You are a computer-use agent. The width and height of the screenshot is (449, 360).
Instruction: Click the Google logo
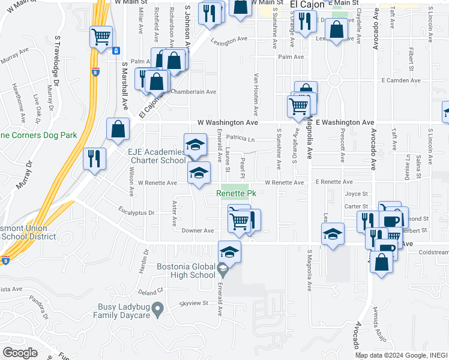pyautogui.click(x=20, y=352)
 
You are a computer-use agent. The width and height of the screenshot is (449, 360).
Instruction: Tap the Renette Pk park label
pyautogui.click(x=237, y=194)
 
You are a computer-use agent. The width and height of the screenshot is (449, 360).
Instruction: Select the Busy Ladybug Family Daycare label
pyautogui.click(x=122, y=311)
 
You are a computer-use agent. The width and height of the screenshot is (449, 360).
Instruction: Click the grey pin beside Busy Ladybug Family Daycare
pyautogui.click(x=158, y=310)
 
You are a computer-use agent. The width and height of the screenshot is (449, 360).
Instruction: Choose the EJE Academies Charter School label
pyautogui.click(x=156, y=157)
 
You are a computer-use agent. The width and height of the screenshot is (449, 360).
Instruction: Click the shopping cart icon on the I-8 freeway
pyautogui.click(x=101, y=37)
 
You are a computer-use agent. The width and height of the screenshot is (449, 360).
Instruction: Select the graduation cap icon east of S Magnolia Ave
pyautogui.click(x=333, y=235)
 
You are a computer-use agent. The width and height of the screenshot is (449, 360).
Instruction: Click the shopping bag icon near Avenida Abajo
pyautogui.click(x=382, y=262)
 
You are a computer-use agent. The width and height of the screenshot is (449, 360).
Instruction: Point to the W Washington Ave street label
pyautogui.click(x=228, y=122)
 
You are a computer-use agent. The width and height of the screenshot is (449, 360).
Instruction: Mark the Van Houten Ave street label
pyautogui.click(x=256, y=95)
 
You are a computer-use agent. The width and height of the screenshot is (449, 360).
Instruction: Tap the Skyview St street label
pyautogui.click(x=193, y=304)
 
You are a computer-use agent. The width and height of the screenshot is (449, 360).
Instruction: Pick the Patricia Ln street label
pyautogui.click(x=241, y=140)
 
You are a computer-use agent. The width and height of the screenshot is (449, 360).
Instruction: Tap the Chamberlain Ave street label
pyautogui.click(x=193, y=92)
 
